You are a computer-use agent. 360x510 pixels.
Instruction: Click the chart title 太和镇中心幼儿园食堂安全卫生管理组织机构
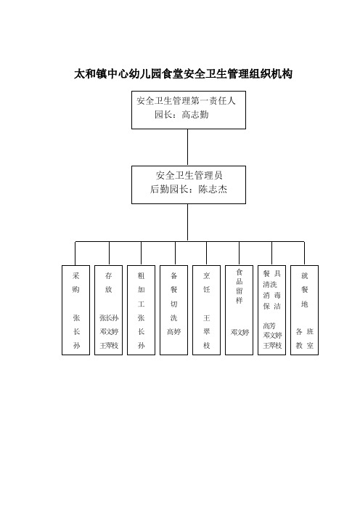coord(183,74)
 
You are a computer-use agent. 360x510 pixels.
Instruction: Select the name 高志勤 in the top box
coord(195,115)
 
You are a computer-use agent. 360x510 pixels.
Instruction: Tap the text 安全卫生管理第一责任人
coord(186,101)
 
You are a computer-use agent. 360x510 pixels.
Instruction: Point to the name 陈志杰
coord(213,189)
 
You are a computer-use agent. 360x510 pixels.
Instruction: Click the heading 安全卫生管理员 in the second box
coord(189,175)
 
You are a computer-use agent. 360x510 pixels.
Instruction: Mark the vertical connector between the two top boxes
coord(187,147)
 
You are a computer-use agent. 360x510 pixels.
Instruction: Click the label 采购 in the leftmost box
coord(75,283)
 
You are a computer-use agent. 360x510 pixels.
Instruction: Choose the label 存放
coord(109,283)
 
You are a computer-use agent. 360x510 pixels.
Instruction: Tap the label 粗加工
coord(141,289)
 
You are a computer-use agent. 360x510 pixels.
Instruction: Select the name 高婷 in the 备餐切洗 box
coord(173,331)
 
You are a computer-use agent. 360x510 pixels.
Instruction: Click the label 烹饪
coord(207,283)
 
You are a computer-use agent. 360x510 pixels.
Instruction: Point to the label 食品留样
coord(239,286)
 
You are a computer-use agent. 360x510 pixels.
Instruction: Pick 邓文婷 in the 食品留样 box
coord(240,332)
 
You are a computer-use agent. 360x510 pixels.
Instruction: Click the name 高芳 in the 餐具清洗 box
coord(269,325)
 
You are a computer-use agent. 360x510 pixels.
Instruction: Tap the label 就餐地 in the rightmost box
coord(304,289)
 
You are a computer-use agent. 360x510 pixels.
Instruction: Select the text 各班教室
coord(304,339)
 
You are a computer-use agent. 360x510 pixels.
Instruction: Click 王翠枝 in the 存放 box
coord(109,345)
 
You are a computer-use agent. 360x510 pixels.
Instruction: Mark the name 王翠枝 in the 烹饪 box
coord(207,331)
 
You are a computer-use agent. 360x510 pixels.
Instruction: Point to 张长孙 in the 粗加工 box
coord(141,331)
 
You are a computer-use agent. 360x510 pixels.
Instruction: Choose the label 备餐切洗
coord(173,296)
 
